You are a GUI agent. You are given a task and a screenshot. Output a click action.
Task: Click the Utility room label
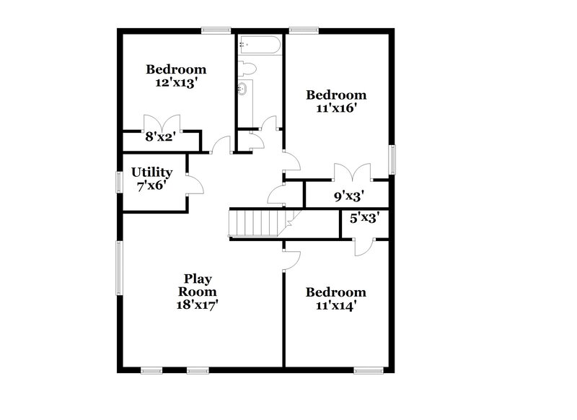(151, 172)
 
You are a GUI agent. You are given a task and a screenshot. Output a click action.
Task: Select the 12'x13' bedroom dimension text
(176, 83)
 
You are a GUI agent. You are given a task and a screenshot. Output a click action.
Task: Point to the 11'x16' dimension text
(336, 108)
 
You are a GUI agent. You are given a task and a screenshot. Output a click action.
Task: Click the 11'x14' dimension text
(335, 305)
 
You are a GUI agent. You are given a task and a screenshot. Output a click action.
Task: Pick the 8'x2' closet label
(161, 136)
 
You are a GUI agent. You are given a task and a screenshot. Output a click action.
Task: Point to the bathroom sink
(245, 89)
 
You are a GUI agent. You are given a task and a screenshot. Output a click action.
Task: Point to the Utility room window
(120, 181)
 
